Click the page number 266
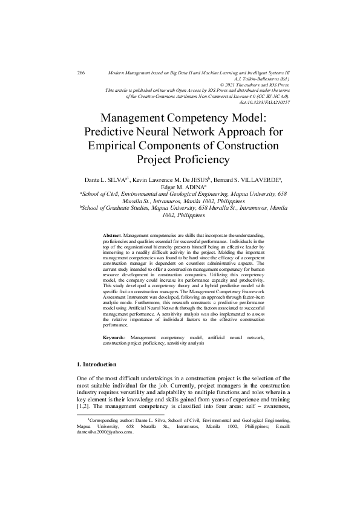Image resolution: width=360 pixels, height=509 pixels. click(81, 73)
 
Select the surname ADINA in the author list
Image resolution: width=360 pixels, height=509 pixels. click(192, 187)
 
